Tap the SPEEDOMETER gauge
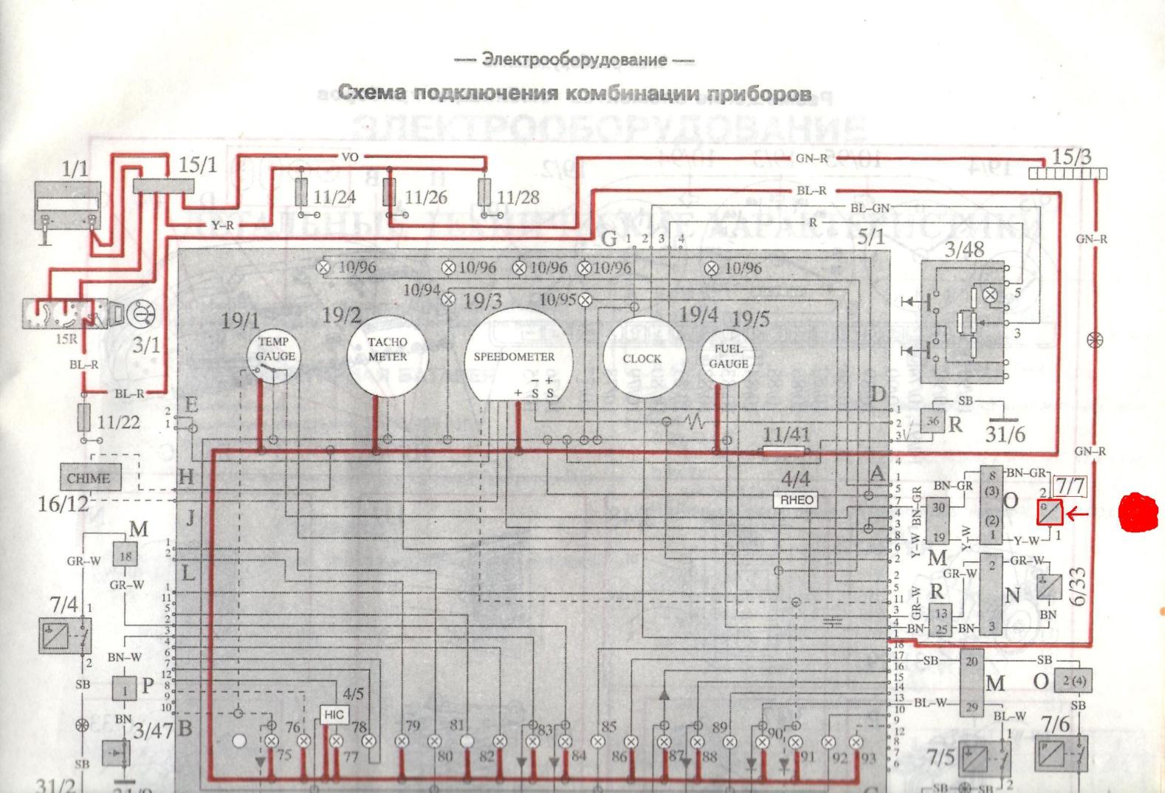514,356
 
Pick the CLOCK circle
642,358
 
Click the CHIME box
88,478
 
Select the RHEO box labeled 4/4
797,500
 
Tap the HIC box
334,714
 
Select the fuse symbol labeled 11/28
485,193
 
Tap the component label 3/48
964,250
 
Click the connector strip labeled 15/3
1068,174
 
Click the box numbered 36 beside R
933,422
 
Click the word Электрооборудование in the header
574,60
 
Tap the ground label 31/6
1005,433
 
